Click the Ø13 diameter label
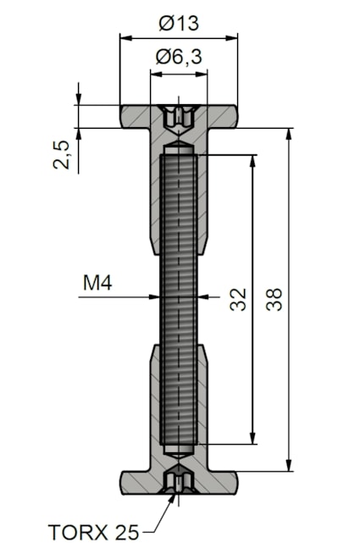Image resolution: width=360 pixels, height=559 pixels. coord(178,24)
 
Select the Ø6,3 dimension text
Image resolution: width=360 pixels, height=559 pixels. coord(179,57)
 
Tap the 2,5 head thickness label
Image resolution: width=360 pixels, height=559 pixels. coord(61,155)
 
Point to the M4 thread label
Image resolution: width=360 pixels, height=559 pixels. coord(97,283)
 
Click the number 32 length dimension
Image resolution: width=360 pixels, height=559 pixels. coord(238,300)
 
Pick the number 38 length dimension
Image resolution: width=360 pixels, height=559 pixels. coord(274,300)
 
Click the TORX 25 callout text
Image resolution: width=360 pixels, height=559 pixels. coord(93,533)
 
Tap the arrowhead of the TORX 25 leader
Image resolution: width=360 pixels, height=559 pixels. coord(173,498)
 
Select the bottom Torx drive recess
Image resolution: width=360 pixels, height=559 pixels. coord(179,479)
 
